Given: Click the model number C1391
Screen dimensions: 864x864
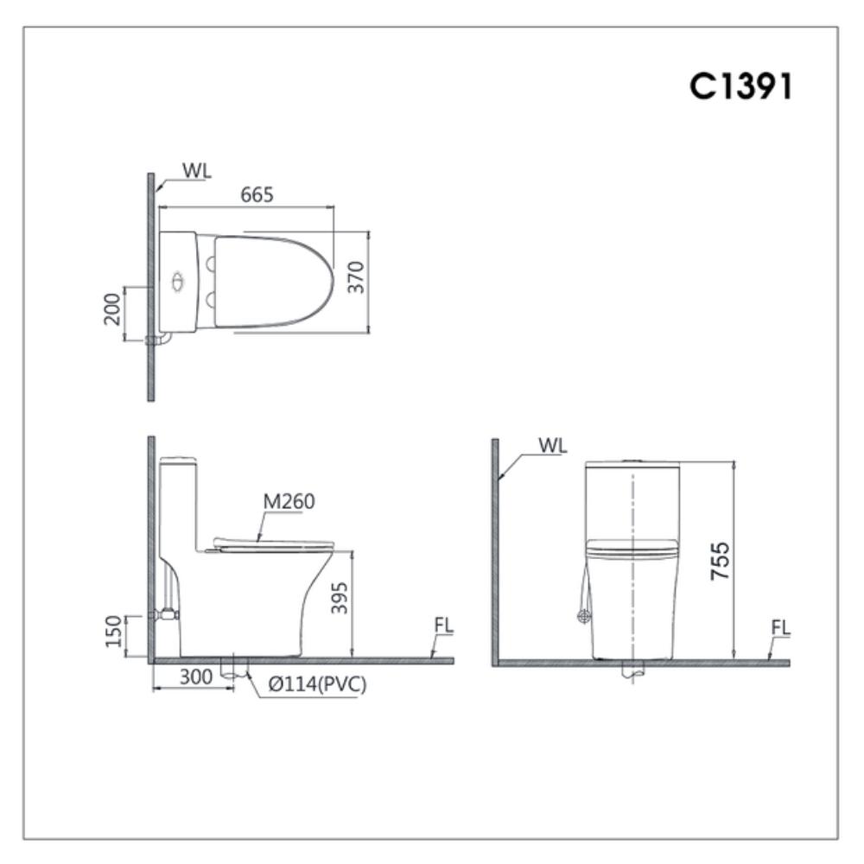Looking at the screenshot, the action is coord(740,86).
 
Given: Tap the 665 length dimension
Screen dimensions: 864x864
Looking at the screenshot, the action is coord(257,194).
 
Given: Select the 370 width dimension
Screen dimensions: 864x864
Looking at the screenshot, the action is coord(357,277).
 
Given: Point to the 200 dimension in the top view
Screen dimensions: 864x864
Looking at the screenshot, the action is coord(111,309).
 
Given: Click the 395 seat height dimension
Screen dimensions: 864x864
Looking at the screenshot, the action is coord(340,598).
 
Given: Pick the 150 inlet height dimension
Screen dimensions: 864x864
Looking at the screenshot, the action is coord(113,632).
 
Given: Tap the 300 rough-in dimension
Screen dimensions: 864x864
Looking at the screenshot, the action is coord(195,677).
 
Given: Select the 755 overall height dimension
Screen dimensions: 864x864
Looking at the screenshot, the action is coord(721,561).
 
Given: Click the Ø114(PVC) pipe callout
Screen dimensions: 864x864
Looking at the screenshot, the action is coord(317,684).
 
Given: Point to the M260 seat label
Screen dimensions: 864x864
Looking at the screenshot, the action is coord(289,501).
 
